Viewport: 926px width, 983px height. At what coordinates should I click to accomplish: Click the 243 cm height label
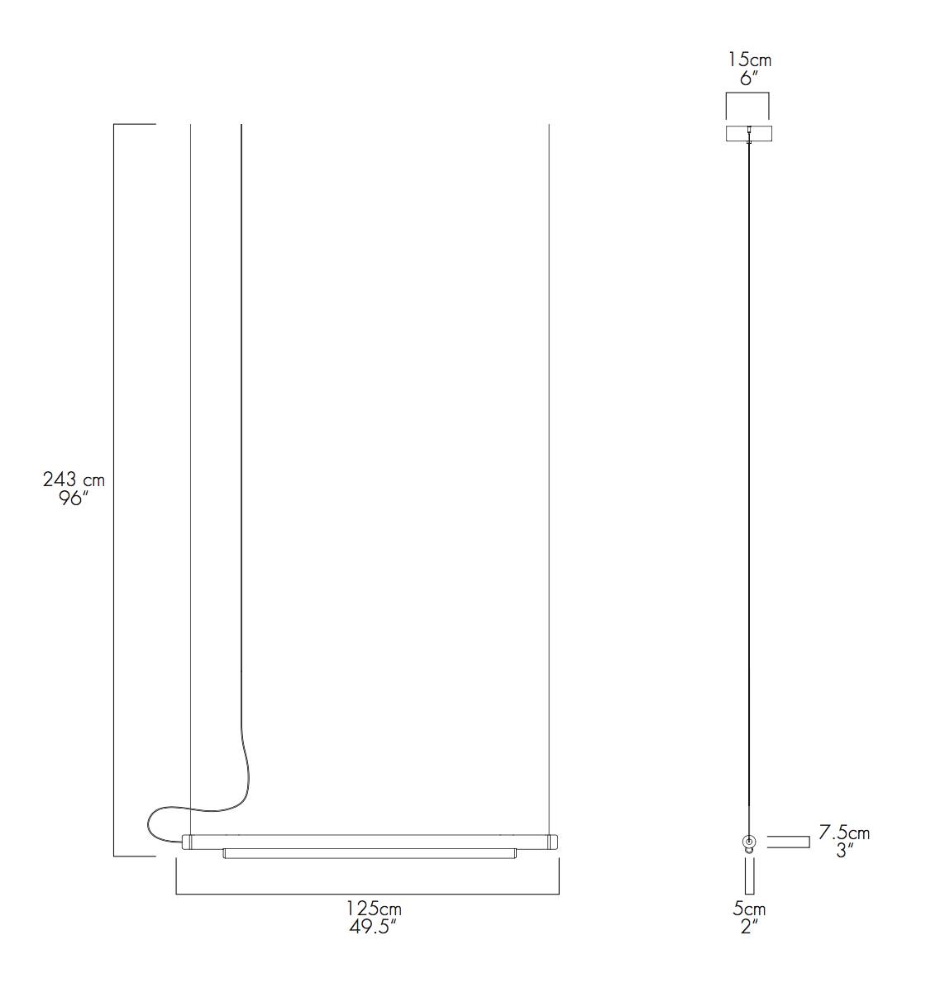pos(74,480)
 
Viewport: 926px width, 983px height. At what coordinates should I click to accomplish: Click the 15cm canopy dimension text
pos(749,60)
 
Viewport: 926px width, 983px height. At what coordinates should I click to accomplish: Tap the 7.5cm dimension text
pos(843,833)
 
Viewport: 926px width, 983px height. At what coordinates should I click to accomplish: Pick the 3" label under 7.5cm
pos(843,851)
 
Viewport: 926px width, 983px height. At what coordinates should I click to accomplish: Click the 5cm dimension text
pos(749,909)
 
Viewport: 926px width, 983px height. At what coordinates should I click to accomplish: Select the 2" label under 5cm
pos(749,927)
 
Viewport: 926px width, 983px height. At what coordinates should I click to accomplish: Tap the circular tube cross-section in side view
pos(749,841)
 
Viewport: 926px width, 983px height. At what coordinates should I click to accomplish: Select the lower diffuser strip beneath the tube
pos(370,853)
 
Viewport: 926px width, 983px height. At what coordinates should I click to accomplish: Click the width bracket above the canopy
pos(748,98)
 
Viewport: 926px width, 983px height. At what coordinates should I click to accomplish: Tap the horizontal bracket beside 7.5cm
pos(788,842)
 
